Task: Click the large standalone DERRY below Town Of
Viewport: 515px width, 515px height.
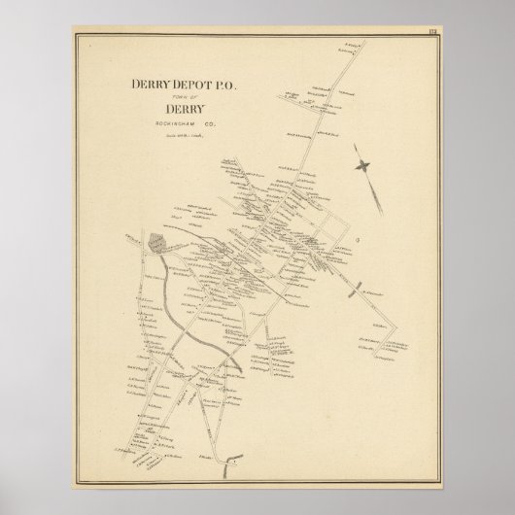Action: (185, 111)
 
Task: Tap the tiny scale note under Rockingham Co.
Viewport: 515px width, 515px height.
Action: (185, 135)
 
